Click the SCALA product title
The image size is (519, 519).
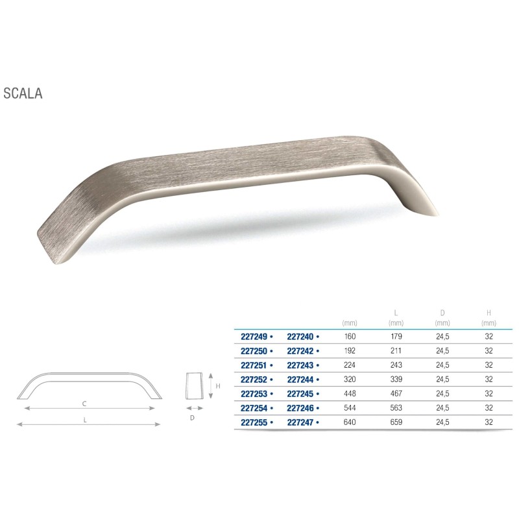tap(23, 93)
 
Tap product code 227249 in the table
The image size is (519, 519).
tap(254, 337)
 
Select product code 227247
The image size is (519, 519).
tap(300, 422)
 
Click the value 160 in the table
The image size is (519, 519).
tap(350, 337)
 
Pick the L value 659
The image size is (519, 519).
tap(396, 422)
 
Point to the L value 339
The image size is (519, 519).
tap(396, 380)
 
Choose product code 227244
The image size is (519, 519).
tap(300, 380)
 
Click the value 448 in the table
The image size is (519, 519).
tap(350, 394)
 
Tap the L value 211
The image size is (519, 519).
tap(396, 351)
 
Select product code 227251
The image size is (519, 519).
tap(254, 365)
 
